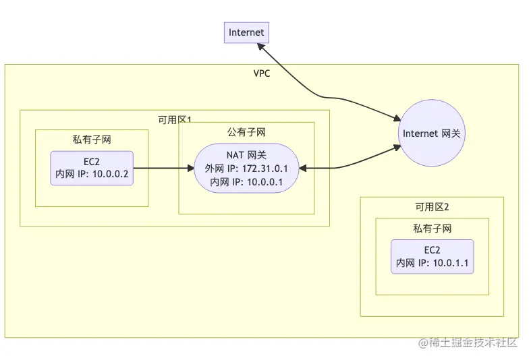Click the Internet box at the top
pos(247,32)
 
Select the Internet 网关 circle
pos(432,133)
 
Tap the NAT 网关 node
pos(247,169)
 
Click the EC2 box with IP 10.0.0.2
pos(92,169)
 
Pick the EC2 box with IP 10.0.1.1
pos(432,256)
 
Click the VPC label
pos(262,73)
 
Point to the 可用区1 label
pos(175,120)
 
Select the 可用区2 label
pos(432,206)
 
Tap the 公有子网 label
pos(247,132)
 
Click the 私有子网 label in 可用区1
pos(92,140)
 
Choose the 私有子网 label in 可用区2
pos(432,229)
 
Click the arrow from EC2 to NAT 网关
pos(163,169)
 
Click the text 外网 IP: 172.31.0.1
pos(246,169)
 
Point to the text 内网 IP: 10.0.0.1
pos(246,182)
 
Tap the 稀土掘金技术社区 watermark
pos(468,342)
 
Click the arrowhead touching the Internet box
pos(260,47)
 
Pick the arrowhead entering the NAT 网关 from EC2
pos(191,169)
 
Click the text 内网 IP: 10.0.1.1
pos(432,263)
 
